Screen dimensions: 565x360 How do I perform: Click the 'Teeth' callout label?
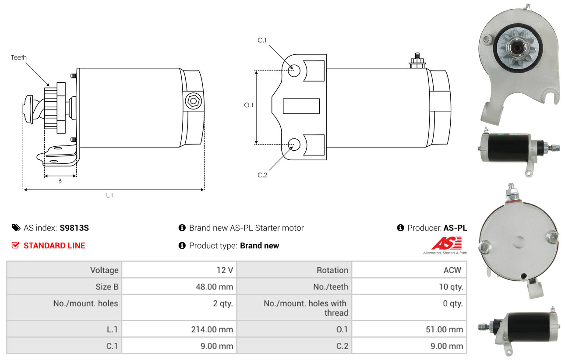click(19, 57)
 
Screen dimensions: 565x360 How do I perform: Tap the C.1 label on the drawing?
click(262, 40)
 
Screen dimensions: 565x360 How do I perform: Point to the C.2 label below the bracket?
click(262, 175)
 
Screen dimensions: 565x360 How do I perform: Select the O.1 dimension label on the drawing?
click(249, 105)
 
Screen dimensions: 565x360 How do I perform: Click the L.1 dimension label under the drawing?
click(109, 195)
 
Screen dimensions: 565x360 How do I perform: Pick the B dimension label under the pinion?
click(60, 181)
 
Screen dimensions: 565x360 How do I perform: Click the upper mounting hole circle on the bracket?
click(294, 71)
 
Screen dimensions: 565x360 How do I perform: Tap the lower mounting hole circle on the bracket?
click(294, 145)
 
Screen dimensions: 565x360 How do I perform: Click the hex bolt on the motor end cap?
click(194, 101)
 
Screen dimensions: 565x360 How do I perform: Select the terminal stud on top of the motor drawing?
click(417, 60)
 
